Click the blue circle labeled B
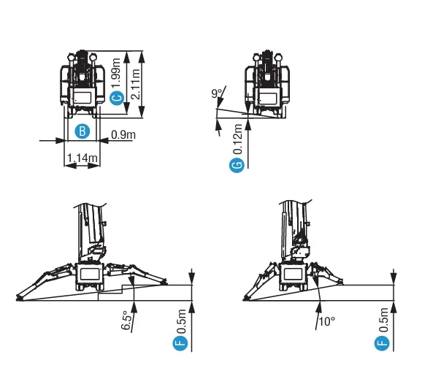point(82,131)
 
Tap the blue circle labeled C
point(117,98)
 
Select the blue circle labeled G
point(237,165)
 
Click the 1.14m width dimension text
point(82,158)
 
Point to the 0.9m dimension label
point(123,134)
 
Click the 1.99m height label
point(117,73)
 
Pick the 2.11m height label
point(135,84)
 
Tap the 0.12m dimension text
point(237,139)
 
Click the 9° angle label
point(217,93)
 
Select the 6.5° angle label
point(127,321)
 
